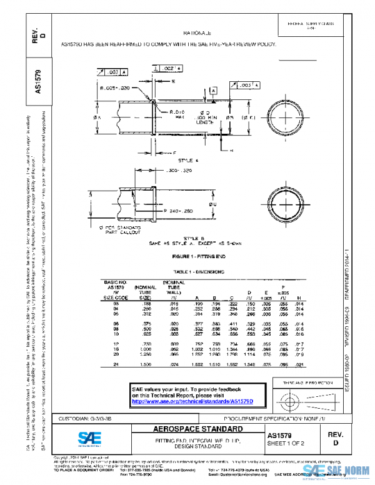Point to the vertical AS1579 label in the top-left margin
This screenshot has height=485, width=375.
click(37, 82)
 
